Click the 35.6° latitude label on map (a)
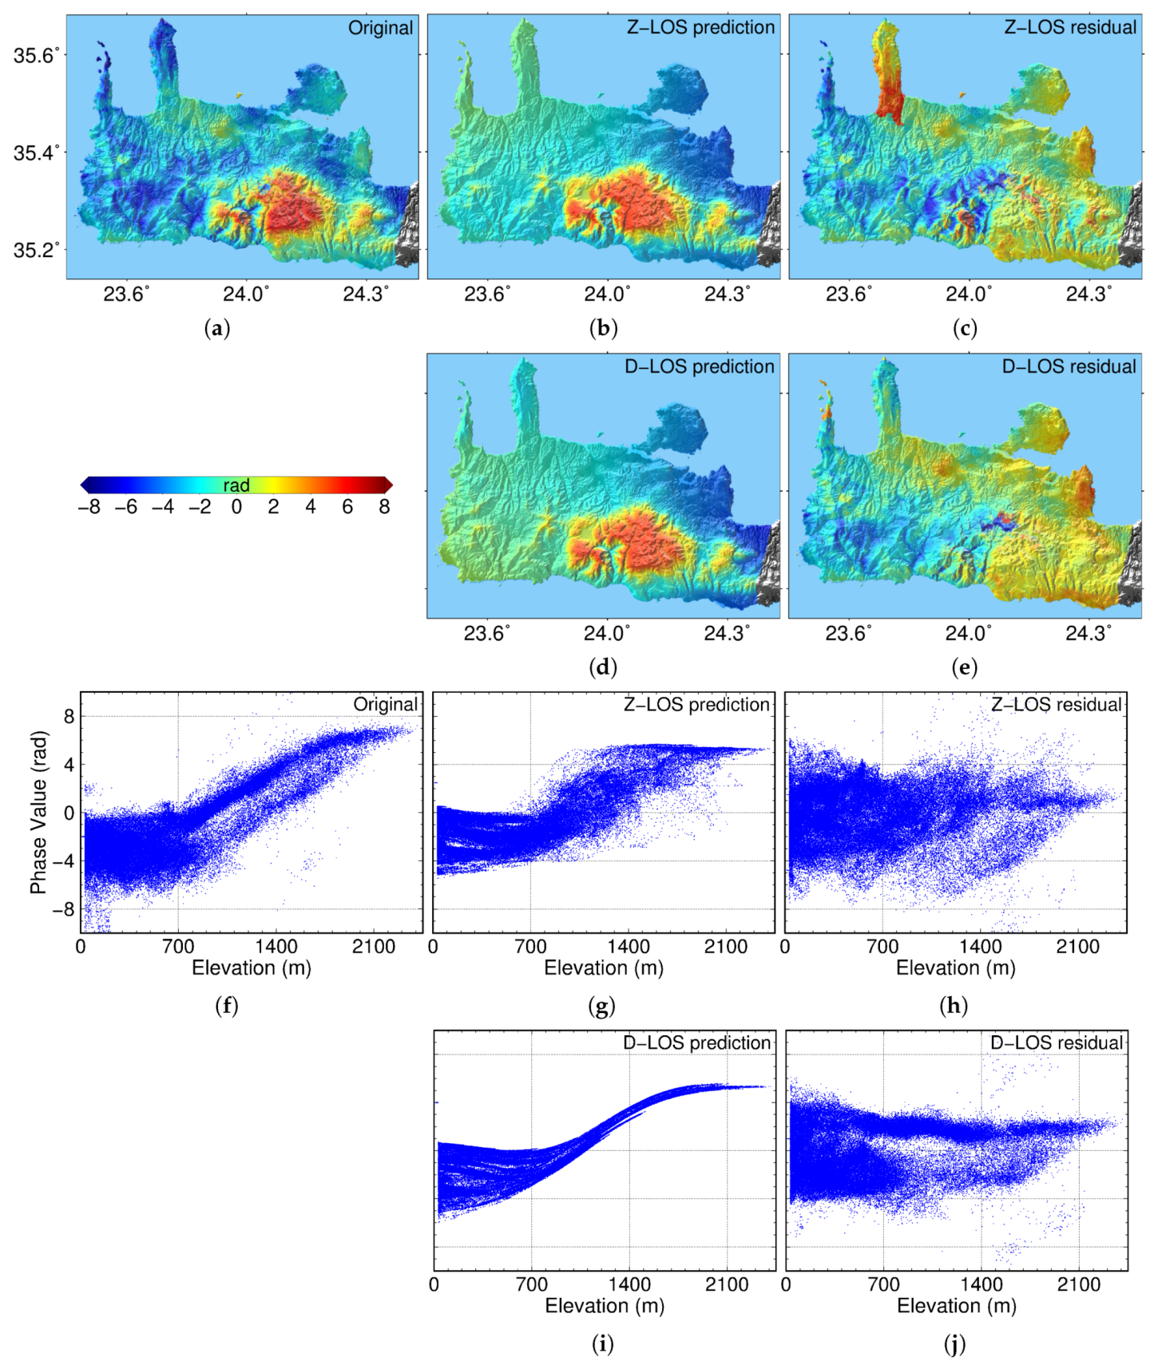36,55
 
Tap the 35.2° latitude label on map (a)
36,250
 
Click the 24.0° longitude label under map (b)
606,295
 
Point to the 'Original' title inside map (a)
380,28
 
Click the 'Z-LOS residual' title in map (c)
1069,28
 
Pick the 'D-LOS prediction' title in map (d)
699,366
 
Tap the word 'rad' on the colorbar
236,485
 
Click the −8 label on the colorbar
89,508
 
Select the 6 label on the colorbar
347,508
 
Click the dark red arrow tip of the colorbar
388,485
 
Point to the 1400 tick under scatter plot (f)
276,947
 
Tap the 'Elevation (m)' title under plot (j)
956,1306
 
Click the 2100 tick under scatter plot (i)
726,1284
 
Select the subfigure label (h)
954,1006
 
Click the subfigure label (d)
603,667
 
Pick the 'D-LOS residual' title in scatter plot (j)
1056,1043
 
